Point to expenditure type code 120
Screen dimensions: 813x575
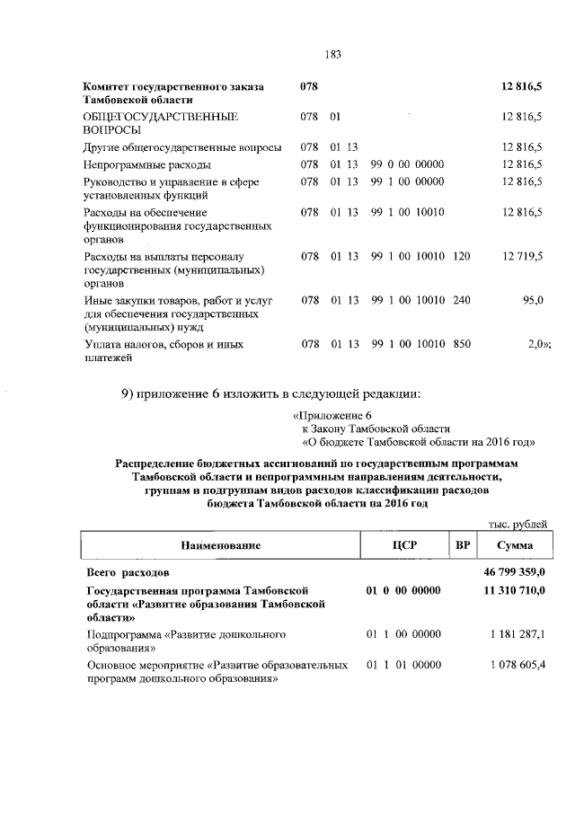pyautogui.click(x=462, y=256)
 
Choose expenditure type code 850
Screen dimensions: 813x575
pyautogui.click(x=462, y=343)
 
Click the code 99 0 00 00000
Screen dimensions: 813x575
pyautogui.click(x=407, y=165)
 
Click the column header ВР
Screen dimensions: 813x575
pyautogui.click(x=463, y=545)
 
